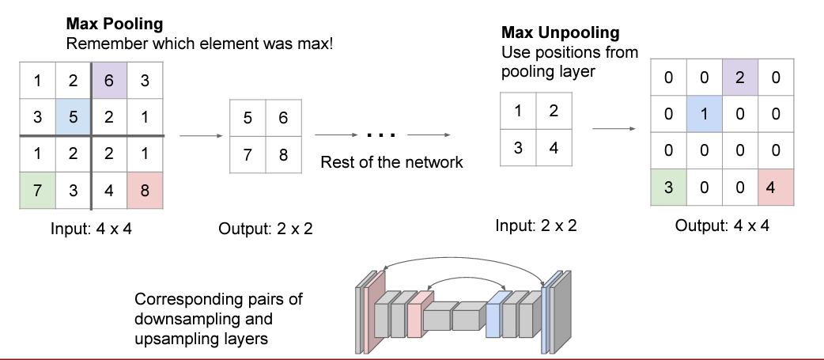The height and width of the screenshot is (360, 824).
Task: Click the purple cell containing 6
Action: pos(110,81)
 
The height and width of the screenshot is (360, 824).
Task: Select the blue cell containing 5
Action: pos(74,117)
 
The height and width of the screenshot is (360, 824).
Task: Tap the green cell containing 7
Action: pos(37,191)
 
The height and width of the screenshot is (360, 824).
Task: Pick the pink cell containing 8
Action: pos(146,191)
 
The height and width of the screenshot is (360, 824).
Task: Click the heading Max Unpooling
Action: pos(561,33)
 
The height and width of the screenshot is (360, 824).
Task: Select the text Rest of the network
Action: pos(391,163)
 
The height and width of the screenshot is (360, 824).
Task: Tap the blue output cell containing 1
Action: pos(703,114)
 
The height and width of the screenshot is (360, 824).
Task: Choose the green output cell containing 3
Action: pos(667,188)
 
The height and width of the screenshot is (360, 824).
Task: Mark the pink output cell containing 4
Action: pos(776,188)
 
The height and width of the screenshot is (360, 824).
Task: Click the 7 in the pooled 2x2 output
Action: pos(248,154)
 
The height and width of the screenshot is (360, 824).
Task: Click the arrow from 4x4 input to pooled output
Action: pos(198,136)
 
